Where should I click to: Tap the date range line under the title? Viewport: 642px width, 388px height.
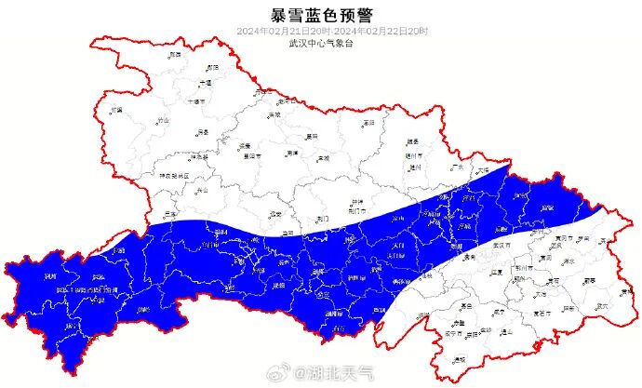(x=319, y=31)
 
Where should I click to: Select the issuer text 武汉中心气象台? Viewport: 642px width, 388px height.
(x=319, y=43)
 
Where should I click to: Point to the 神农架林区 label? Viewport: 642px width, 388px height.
(x=172, y=175)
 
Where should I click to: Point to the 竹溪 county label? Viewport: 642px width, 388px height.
(x=116, y=110)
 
